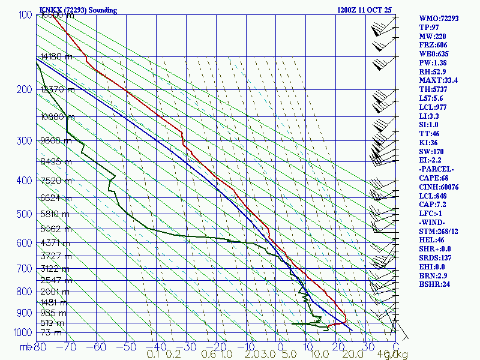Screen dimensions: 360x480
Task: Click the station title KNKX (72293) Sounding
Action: coord(78,10)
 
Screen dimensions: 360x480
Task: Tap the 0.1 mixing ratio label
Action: coord(152,355)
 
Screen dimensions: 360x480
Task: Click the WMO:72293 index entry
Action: coord(439,19)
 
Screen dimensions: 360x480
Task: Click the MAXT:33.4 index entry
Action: coord(439,80)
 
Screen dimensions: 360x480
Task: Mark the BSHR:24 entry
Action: coord(434,284)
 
